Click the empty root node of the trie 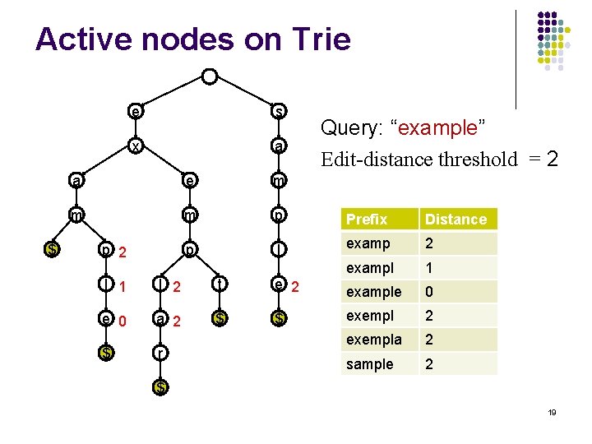pos(210,77)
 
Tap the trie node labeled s pos(280,111)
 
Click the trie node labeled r pos(160,353)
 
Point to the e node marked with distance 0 pos(104,320)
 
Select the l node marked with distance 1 pos(104,285)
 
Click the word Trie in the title pos(315,39)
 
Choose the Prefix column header pos(367,220)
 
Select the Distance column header pos(456,220)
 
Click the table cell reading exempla pos(374,340)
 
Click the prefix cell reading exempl pos(370,316)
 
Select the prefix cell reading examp pos(368,243)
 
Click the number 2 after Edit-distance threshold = pos(552,158)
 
